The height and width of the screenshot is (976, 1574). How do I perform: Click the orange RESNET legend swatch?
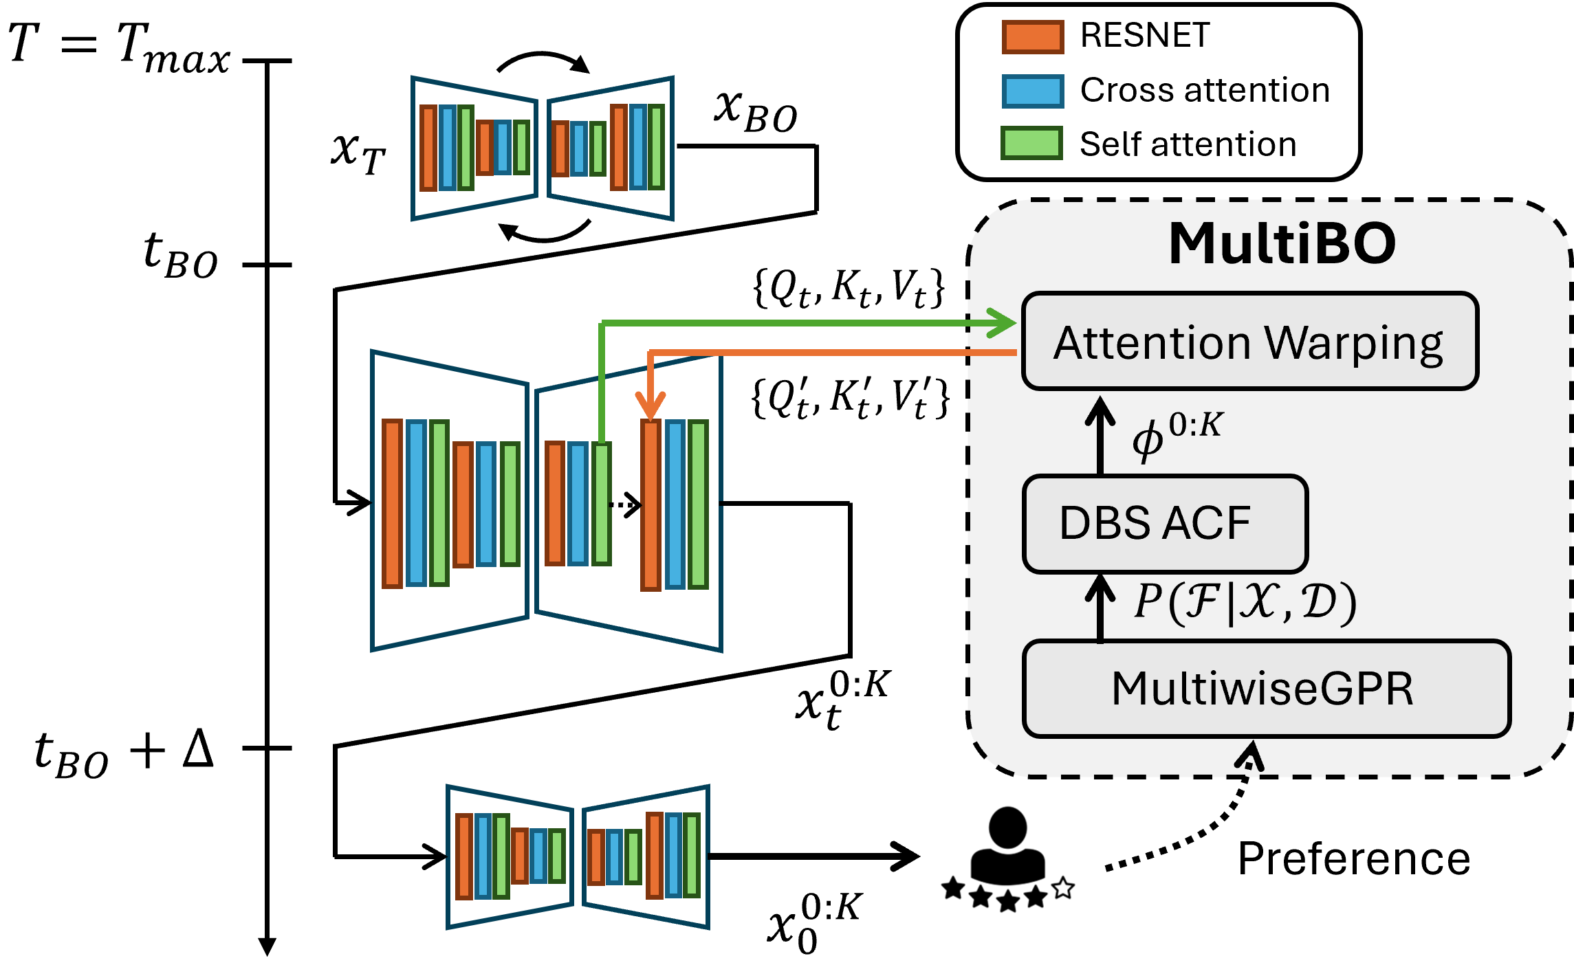(x=1032, y=36)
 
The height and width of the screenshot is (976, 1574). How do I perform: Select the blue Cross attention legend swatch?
(x=1032, y=91)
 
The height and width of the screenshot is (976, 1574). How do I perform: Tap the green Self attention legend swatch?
(x=1031, y=143)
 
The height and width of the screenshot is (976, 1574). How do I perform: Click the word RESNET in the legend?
(x=1145, y=35)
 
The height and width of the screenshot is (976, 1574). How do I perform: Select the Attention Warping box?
(x=1249, y=342)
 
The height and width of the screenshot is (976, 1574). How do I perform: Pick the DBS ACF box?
(x=1165, y=524)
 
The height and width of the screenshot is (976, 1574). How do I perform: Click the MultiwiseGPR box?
(x=1266, y=689)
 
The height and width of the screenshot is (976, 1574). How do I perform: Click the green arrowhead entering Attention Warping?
(x=1002, y=323)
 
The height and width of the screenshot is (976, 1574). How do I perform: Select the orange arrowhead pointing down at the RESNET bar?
(x=651, y=406)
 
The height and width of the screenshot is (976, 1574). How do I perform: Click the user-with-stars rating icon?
(x=1007, y=856)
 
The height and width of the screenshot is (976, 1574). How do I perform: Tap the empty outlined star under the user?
(x=1063, y=888)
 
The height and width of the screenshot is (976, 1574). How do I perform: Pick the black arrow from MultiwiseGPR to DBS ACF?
(x=1100, y=607)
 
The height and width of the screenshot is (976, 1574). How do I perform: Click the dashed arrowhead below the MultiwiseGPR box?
(x=1249, y=757)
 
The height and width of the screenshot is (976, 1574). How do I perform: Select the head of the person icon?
(x=1007, y=827)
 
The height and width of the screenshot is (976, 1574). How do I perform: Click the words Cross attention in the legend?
(x=1205, y=90)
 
